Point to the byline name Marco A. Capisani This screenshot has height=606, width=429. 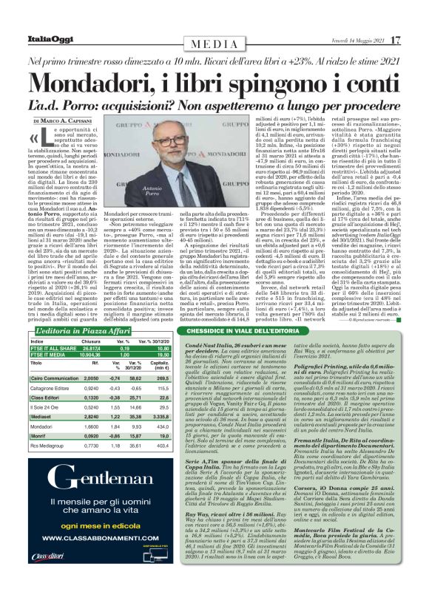point(75,120)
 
